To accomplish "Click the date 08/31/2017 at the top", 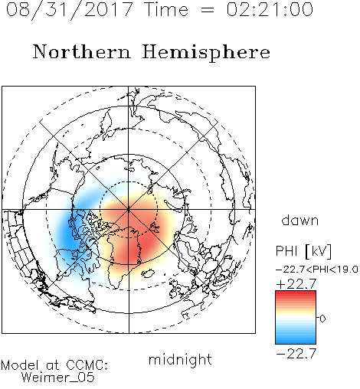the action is point(70,10).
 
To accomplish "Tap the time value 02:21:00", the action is point(270,9).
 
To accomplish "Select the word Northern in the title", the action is point(82,51).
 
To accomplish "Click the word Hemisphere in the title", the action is point(206,53).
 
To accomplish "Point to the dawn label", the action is point(300,220).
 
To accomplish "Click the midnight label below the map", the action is point(180,360).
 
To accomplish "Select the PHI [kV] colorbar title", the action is point(303,251).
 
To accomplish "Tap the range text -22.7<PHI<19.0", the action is point(317,270).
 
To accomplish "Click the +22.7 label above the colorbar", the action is point(296,283).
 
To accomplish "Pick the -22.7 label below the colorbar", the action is point(296,354).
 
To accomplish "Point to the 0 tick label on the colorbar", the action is point(322,319).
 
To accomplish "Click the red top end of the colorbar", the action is point(296,293).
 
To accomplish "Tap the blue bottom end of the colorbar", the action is point(296,342).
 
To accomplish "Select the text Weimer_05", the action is point(58,378).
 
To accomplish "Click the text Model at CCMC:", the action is point(54,365).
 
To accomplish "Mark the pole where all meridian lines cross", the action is point(129,209).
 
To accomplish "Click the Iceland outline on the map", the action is point(148,273).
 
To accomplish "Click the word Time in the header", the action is point(166,9).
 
